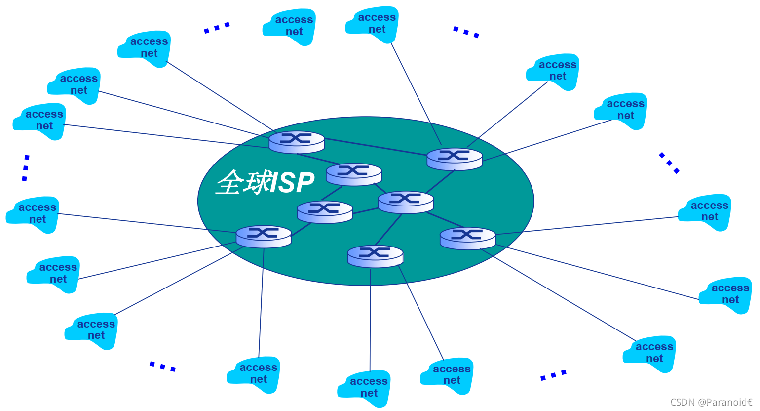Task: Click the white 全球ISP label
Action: pos(265,183)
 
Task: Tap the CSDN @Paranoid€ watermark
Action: pos(711,402)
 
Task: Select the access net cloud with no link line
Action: pos(291,27)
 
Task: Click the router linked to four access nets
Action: pos(264,237)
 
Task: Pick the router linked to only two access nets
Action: pos(375,256)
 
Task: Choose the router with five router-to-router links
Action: pos(406,202)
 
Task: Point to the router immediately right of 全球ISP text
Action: pos(353,174)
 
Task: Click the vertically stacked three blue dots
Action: pos(26,168)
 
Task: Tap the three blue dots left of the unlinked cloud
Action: pos(217,28)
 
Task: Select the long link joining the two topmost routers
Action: pos(375,147)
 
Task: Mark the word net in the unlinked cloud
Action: pos(294,32)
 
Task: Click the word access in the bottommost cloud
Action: pos(369,381)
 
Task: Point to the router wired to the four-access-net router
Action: pos(325,212)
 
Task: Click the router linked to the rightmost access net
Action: pos(467,238)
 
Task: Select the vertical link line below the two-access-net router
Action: pos(370,321)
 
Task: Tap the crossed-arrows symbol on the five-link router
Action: pos(405,199)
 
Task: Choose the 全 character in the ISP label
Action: pos(228,183)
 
